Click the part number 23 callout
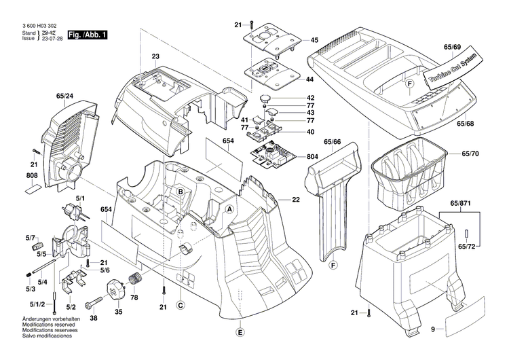155,56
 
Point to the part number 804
312,157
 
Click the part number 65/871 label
468,204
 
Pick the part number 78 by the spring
134,298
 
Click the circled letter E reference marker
239,332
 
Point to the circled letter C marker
181,305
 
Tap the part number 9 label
431,329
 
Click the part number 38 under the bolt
93,318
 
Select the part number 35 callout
118,312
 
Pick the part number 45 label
314,41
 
